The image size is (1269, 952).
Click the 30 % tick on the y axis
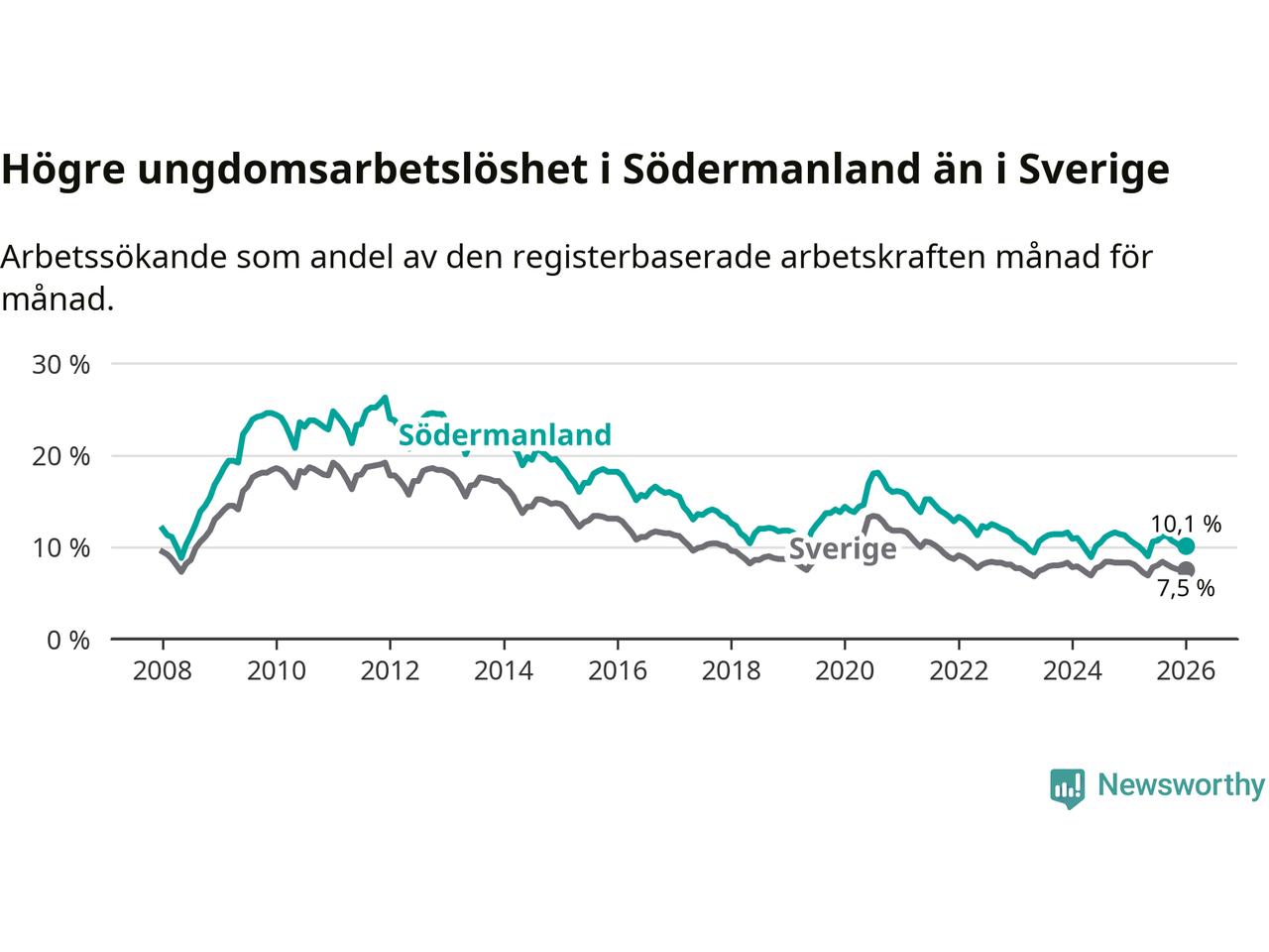(x=61, y=364)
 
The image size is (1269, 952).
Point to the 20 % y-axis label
(x=61, y=456)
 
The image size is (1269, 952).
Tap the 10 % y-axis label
(x=61, y=547)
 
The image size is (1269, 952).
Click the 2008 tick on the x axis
(x=162, y=671)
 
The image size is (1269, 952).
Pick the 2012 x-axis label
(x=390, y=671)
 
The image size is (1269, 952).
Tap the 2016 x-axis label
(x=617, y=671)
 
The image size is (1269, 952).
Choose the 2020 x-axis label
(x=845, y=671)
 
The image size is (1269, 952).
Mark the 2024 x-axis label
(x=1072, y=671)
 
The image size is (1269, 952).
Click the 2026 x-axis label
(x=1186, y=671)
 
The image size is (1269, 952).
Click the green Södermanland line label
(x=505, y=434)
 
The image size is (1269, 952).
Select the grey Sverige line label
(x=843, y=549)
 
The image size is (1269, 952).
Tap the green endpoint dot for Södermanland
(x=1186, y=546)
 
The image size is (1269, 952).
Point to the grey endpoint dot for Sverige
(x=1186, y=569)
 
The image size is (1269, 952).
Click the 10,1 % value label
(x=1186, y=525)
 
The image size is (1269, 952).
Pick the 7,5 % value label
(x=1186, y=588)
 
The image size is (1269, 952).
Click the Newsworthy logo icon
(x=1067, y=787)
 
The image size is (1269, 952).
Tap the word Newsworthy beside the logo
(x=1181, y=785)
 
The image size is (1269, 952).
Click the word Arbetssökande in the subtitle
(x=115, y=257)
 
